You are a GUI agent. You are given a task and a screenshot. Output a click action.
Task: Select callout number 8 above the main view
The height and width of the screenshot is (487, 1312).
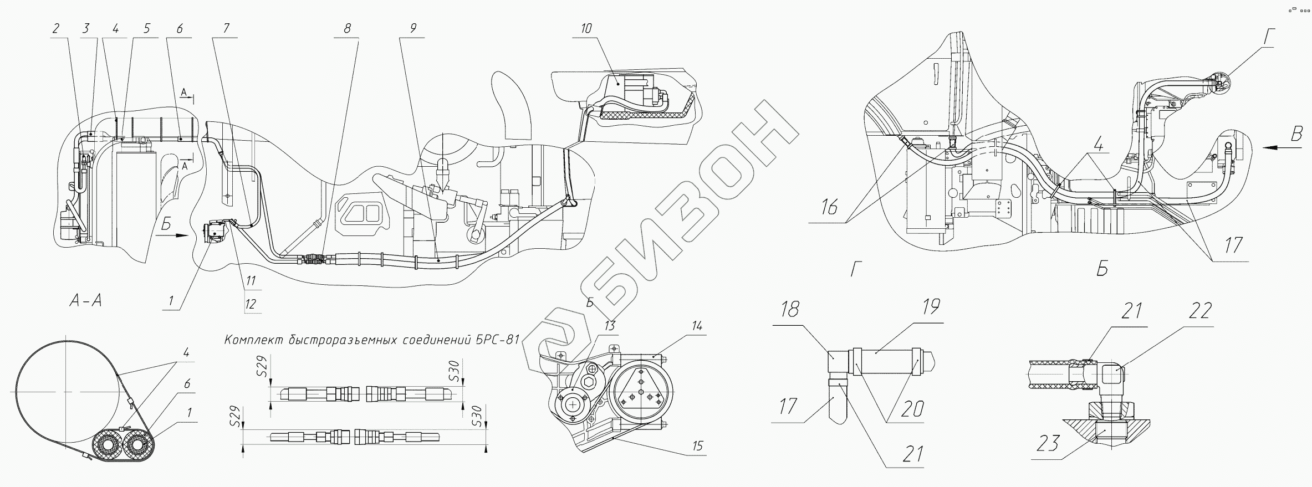tap(346, 29)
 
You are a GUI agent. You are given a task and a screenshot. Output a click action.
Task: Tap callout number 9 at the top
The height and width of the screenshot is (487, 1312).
tap(412, 29)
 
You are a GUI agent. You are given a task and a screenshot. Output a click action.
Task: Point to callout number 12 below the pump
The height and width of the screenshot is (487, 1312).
tap(251, 304)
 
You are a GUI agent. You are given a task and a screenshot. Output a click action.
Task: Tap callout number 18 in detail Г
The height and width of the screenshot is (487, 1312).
tap(789, 309)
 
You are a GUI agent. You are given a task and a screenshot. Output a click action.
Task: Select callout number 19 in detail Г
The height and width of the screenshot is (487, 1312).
tap(931, 306)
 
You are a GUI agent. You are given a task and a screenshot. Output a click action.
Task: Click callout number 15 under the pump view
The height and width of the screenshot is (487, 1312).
tap(697, 446)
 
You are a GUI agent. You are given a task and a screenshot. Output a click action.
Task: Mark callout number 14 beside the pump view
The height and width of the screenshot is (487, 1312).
tap(697, 326)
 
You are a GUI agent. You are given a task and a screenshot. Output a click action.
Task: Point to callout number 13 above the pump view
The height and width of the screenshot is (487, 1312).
tap(609, 326)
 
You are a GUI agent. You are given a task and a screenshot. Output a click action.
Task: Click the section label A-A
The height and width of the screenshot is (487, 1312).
tap(85, 301)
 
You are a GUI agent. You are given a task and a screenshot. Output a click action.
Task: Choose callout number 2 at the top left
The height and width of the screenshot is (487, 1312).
tap(55, 29)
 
